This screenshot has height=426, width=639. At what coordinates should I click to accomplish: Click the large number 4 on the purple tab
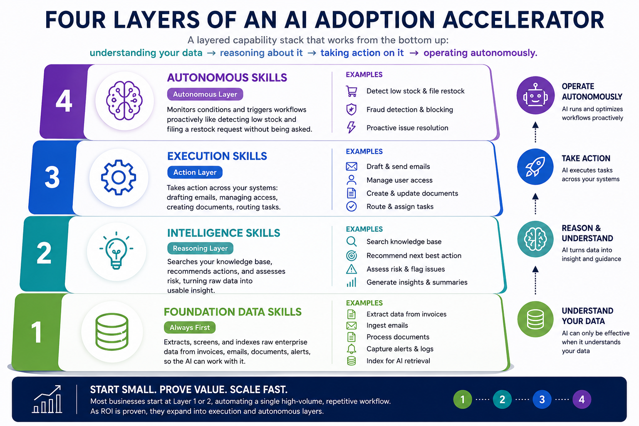click(x=64, y=100)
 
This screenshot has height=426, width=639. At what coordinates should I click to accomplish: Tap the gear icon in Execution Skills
click(x=119, y=178)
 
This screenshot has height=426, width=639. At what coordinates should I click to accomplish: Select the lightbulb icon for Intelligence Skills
click(x=116, y=250)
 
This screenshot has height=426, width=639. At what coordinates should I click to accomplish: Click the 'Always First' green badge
click(x=189, y=327)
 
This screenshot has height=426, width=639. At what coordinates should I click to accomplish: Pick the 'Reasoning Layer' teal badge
click(x=200, y=248)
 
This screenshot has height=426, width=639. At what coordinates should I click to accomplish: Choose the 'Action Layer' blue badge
click(x=195, y=172)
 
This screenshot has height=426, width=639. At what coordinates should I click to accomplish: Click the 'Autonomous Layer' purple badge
click(x=205, y=94)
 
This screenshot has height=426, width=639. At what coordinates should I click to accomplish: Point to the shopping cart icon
click(x=351, y=91)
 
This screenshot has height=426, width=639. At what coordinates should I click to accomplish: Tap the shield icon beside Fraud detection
click(x=351, y=109)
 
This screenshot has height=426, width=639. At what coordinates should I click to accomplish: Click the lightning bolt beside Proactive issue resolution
click(x=351, y=127)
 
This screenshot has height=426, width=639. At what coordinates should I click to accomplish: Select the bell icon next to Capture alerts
click(x=352, y=349)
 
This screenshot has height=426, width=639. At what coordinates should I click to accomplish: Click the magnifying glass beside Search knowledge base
click(x=352, y=242)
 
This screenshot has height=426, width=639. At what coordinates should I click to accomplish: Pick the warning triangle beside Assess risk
click(x=352, y=269)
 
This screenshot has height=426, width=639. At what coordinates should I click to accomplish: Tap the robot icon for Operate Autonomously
click(x=535, y=95)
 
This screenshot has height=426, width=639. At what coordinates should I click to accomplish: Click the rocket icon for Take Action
click(x=535, y=167)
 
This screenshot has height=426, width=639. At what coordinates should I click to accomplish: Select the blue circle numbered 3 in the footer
click(x=542, y=399)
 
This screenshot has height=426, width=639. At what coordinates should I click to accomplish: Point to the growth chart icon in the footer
click(x=47, y=399)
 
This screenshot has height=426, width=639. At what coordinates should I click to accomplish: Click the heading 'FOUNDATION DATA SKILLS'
click(x=233, y=312)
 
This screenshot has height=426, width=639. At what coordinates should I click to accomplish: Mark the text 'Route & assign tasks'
click(x=400, y=207)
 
